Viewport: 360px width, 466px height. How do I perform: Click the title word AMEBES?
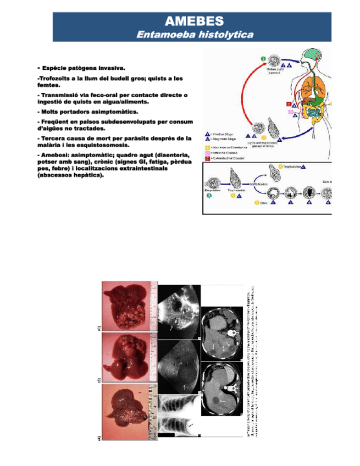coord(195,21)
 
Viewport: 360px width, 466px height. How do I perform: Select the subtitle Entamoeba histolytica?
coord(195,35)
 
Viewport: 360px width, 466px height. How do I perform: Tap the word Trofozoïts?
coord(56,79)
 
